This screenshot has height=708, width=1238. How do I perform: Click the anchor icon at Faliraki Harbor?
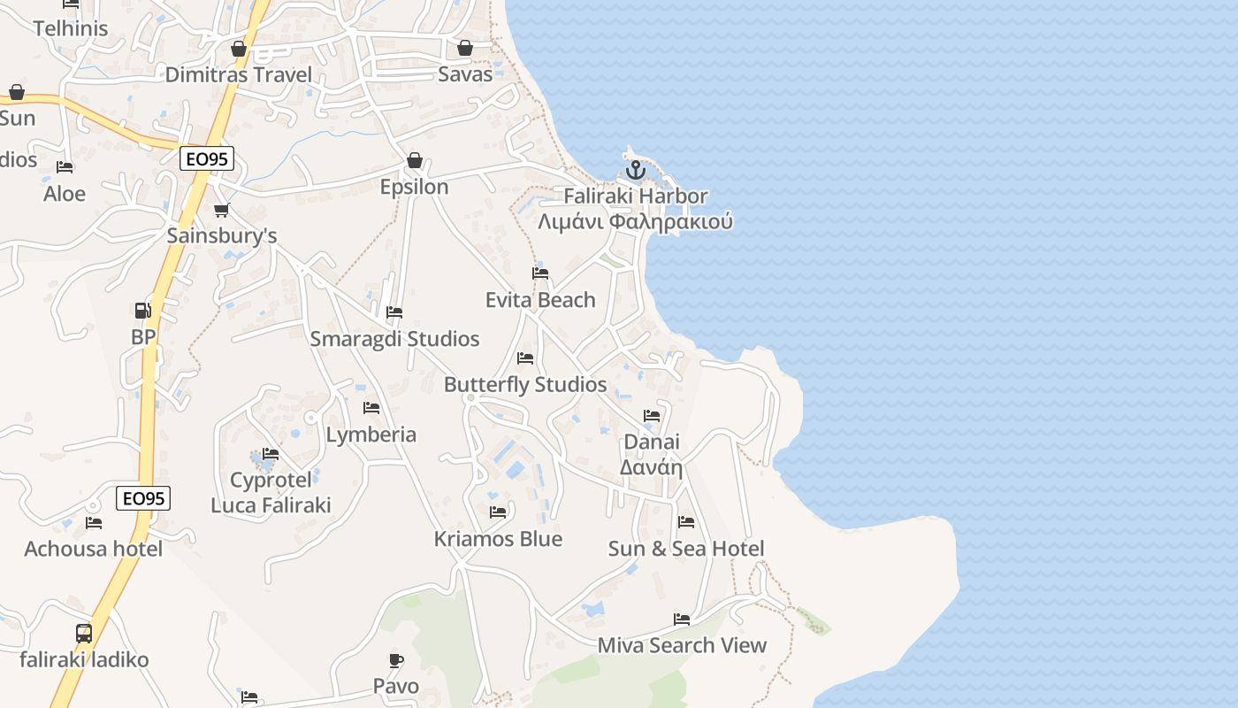[x=635, y=170]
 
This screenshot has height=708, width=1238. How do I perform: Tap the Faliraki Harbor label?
[x=636, y=196]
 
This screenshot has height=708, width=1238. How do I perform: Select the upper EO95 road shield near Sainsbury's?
[x=206, y=158]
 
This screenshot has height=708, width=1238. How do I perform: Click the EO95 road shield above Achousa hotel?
[x=143, y=498]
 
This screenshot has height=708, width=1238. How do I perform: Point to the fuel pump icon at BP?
[x=142, y=311]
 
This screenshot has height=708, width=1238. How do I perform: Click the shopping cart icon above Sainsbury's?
[x=221, y=210]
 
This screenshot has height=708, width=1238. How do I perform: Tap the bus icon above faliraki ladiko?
[x=84, y=634]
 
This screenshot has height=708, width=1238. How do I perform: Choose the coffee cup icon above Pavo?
[x=396, y=660]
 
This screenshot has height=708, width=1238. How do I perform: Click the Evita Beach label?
[x=540, y=300]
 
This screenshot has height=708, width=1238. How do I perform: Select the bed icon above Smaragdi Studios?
[x=394, y=312]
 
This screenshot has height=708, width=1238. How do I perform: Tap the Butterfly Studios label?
[x=525, y=385]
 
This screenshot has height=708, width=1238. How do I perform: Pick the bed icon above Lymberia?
[x=371, y=408]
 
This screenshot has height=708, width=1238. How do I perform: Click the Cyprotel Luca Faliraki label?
[x=271, y=493]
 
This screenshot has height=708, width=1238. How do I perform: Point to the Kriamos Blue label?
[x=498, y=539]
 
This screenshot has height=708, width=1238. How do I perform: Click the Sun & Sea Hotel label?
[x=686, y=549]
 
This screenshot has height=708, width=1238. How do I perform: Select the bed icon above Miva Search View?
[x=682, y=619]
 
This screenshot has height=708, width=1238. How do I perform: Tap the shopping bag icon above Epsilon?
[x=414, y=160]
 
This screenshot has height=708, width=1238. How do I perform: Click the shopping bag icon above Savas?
[x=465, y=48]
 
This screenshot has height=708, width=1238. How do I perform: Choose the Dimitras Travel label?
[x=239, y=74]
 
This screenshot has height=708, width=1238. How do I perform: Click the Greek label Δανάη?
[x=652, y=467]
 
